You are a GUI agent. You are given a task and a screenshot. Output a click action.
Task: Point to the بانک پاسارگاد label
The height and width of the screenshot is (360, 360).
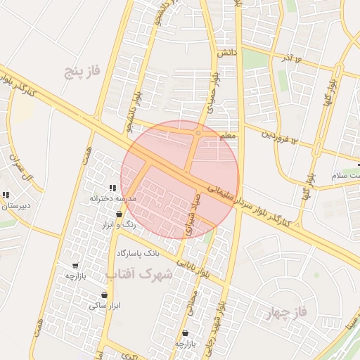pos(138,252)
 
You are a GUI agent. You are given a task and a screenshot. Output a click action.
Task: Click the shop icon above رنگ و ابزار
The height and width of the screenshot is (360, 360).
pos(120,213)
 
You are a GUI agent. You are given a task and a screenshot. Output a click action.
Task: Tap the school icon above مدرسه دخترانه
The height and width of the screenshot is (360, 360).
pos(112,188)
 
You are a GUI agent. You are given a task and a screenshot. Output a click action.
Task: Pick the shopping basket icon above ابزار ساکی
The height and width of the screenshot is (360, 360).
pos(105,295)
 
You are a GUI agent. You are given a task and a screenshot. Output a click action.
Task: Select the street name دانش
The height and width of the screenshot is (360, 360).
pos(225,53)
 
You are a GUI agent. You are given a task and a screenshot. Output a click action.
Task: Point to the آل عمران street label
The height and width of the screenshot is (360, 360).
pos(20,162)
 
